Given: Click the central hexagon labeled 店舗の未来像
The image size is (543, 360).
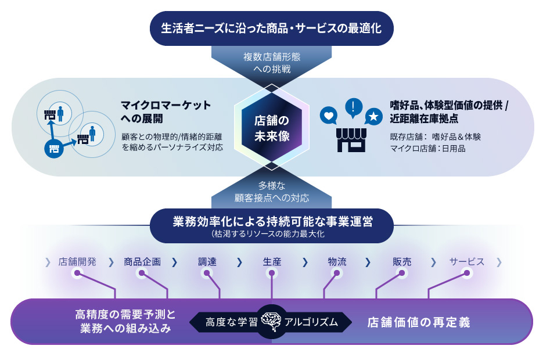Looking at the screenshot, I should pos(271,128).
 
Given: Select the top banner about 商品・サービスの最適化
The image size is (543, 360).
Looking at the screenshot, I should pos(271,27).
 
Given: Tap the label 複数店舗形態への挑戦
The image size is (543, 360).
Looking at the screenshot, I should pos(271,63).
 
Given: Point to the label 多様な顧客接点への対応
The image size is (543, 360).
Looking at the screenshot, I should pos(271,192).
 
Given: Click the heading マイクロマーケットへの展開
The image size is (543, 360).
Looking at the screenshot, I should pos(166,111).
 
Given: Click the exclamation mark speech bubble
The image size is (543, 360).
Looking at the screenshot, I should pos(353,107).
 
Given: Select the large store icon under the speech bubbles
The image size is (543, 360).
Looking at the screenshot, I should pos(351,140).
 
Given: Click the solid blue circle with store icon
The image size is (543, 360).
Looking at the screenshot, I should pos(53,149).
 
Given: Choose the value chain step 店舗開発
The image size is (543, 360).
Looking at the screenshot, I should pos(77,262).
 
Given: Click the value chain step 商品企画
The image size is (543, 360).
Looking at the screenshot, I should pos(142,262).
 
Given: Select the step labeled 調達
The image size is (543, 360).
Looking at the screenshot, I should pos(207,262).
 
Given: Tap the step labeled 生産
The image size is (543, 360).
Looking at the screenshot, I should pos(272,262).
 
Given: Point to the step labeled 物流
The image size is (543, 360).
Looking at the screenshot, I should pos(337,262).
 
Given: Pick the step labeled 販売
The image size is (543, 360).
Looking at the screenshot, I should pos(402,262).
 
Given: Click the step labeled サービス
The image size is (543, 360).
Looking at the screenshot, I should pos(467,262).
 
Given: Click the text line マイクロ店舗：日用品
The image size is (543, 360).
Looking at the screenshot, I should pos(427,149).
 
